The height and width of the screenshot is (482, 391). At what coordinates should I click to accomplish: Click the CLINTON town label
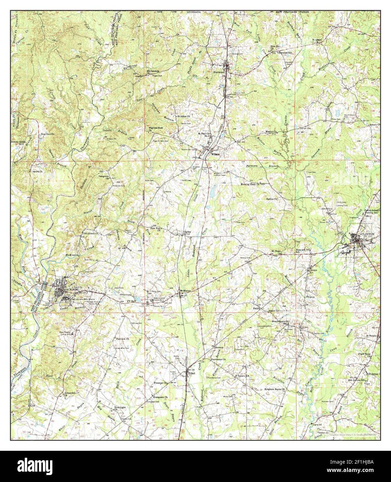pyautogui.click(x=367, y=234)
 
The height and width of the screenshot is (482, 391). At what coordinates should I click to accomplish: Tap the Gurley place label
pyautogui.click(x=188, y=232)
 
